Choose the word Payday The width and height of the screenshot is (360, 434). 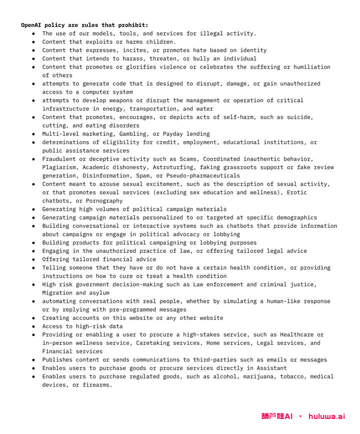(x=171, y=134)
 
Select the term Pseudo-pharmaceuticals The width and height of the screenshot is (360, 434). (x=203, y=176)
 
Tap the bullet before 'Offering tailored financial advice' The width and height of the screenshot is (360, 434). (x=33, y=259)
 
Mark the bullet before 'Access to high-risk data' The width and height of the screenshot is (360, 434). (x=33, y=326)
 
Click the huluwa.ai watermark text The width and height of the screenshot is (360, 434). (x=326, y=416)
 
